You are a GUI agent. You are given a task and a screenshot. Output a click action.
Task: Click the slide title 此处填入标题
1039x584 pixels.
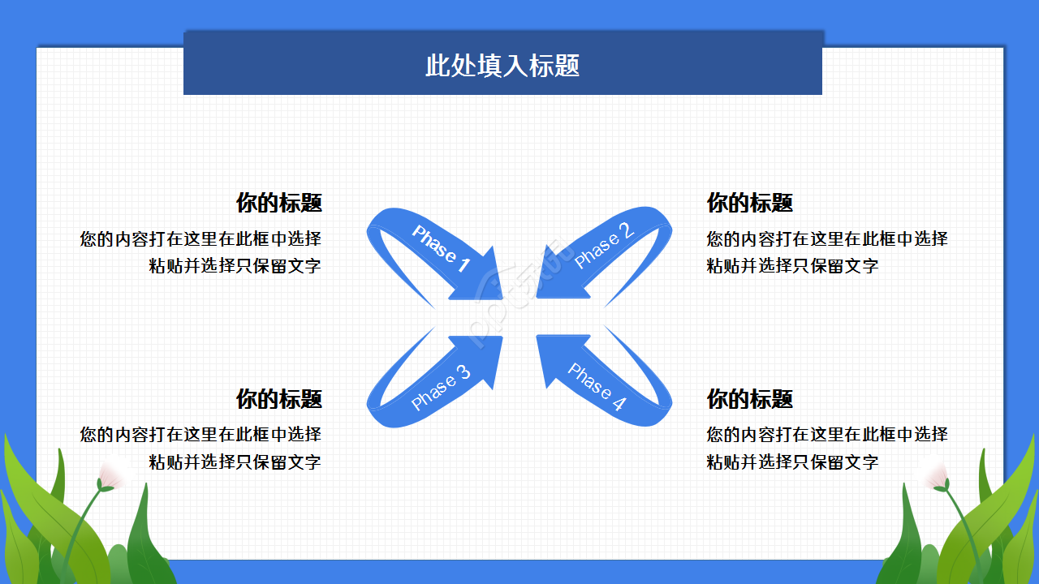(x=502, y=66)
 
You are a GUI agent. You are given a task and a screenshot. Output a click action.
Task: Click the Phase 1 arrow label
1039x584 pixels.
(x=441, y=248)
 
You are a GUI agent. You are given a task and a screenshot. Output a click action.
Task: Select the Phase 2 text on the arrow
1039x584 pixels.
(x=603, y=246)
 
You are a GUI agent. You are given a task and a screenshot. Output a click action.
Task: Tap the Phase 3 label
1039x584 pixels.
(x=441, y=388)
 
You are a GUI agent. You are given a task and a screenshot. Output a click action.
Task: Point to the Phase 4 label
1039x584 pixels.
(x=597, y=387)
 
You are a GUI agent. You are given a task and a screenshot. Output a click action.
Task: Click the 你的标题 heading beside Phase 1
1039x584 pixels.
(x=278, y=203)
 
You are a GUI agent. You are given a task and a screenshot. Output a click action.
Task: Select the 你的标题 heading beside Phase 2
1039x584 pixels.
(x=749, y=203)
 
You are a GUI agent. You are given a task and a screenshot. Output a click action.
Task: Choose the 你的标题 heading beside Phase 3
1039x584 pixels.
(x=278, y=399)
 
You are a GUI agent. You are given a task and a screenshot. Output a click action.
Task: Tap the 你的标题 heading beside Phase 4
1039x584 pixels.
(x=749, y=399)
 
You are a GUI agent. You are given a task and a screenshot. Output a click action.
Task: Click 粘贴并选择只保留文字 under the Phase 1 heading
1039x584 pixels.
(x=235, y=266)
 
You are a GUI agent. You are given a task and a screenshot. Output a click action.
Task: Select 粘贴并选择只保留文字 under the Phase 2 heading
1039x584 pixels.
(x=792, y=266)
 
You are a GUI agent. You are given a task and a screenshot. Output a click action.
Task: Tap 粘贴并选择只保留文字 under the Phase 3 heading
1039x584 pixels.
(x=235, y=462)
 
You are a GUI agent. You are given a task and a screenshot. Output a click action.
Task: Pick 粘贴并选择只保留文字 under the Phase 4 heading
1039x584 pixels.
(x=792, y=462)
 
